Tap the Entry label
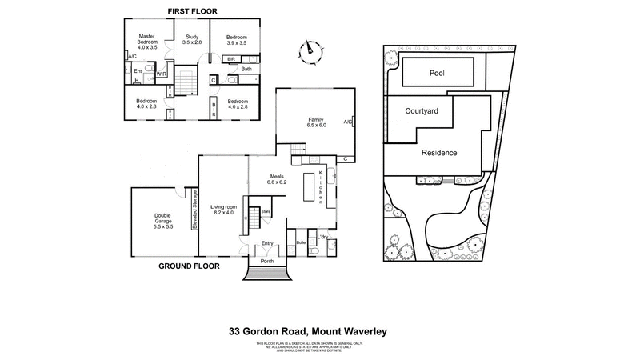[268, 243]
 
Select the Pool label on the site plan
[437, 73]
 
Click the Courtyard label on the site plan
[422, 112]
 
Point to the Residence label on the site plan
[439, 152]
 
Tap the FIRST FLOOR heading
[192, 10]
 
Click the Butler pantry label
[302, 241]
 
